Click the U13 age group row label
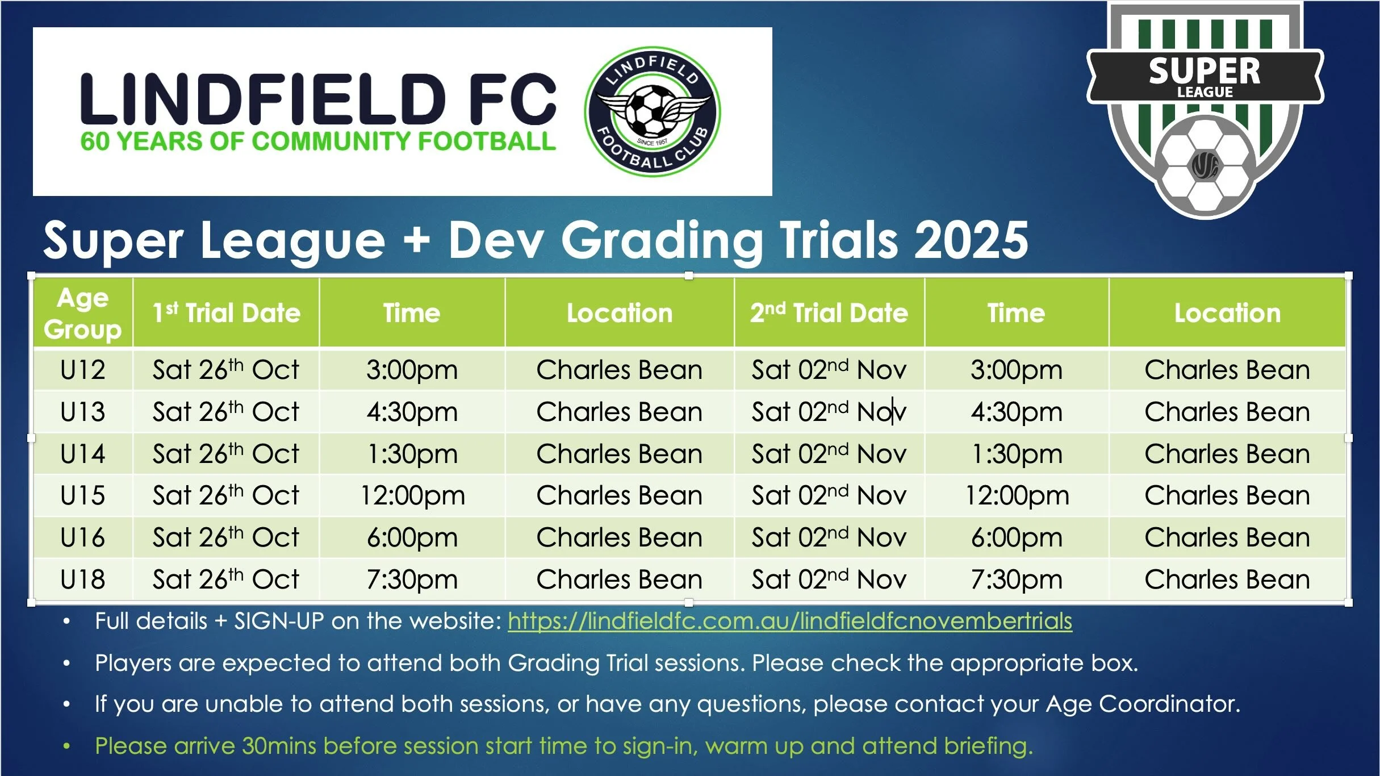point(83,412)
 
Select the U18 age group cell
point(83,579)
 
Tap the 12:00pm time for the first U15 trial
point(412,495)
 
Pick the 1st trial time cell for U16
point(412,537)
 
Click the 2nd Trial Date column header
point(829,313)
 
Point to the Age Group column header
point(83,313)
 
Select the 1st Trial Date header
point(226,313)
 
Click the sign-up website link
point(789,621)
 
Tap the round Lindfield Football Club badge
point(653,111)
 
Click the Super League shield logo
point(1205,108)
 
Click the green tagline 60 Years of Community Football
point(318,141)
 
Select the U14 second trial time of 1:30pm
point(1017,454)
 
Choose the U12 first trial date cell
point(226,370)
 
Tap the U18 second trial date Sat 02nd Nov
point(829,579)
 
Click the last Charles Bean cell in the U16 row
point(1227,537)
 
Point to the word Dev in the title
point(496,241)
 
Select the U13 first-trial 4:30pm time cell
point(412,412)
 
